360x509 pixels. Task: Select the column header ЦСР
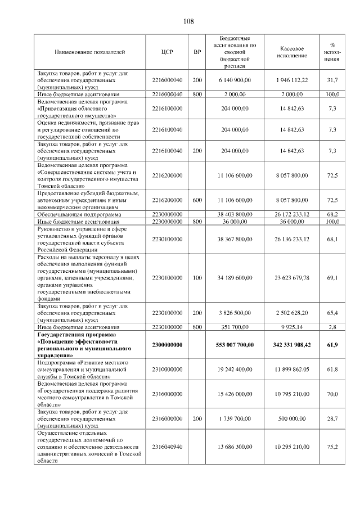(166, 52)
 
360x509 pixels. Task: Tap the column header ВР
(197, 52)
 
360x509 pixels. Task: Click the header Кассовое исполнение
(292, 52)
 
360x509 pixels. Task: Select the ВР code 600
(197, 200)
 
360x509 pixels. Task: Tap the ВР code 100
(197, 278)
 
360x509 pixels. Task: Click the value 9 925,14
(292, 326)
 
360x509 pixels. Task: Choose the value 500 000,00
(292, 419)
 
